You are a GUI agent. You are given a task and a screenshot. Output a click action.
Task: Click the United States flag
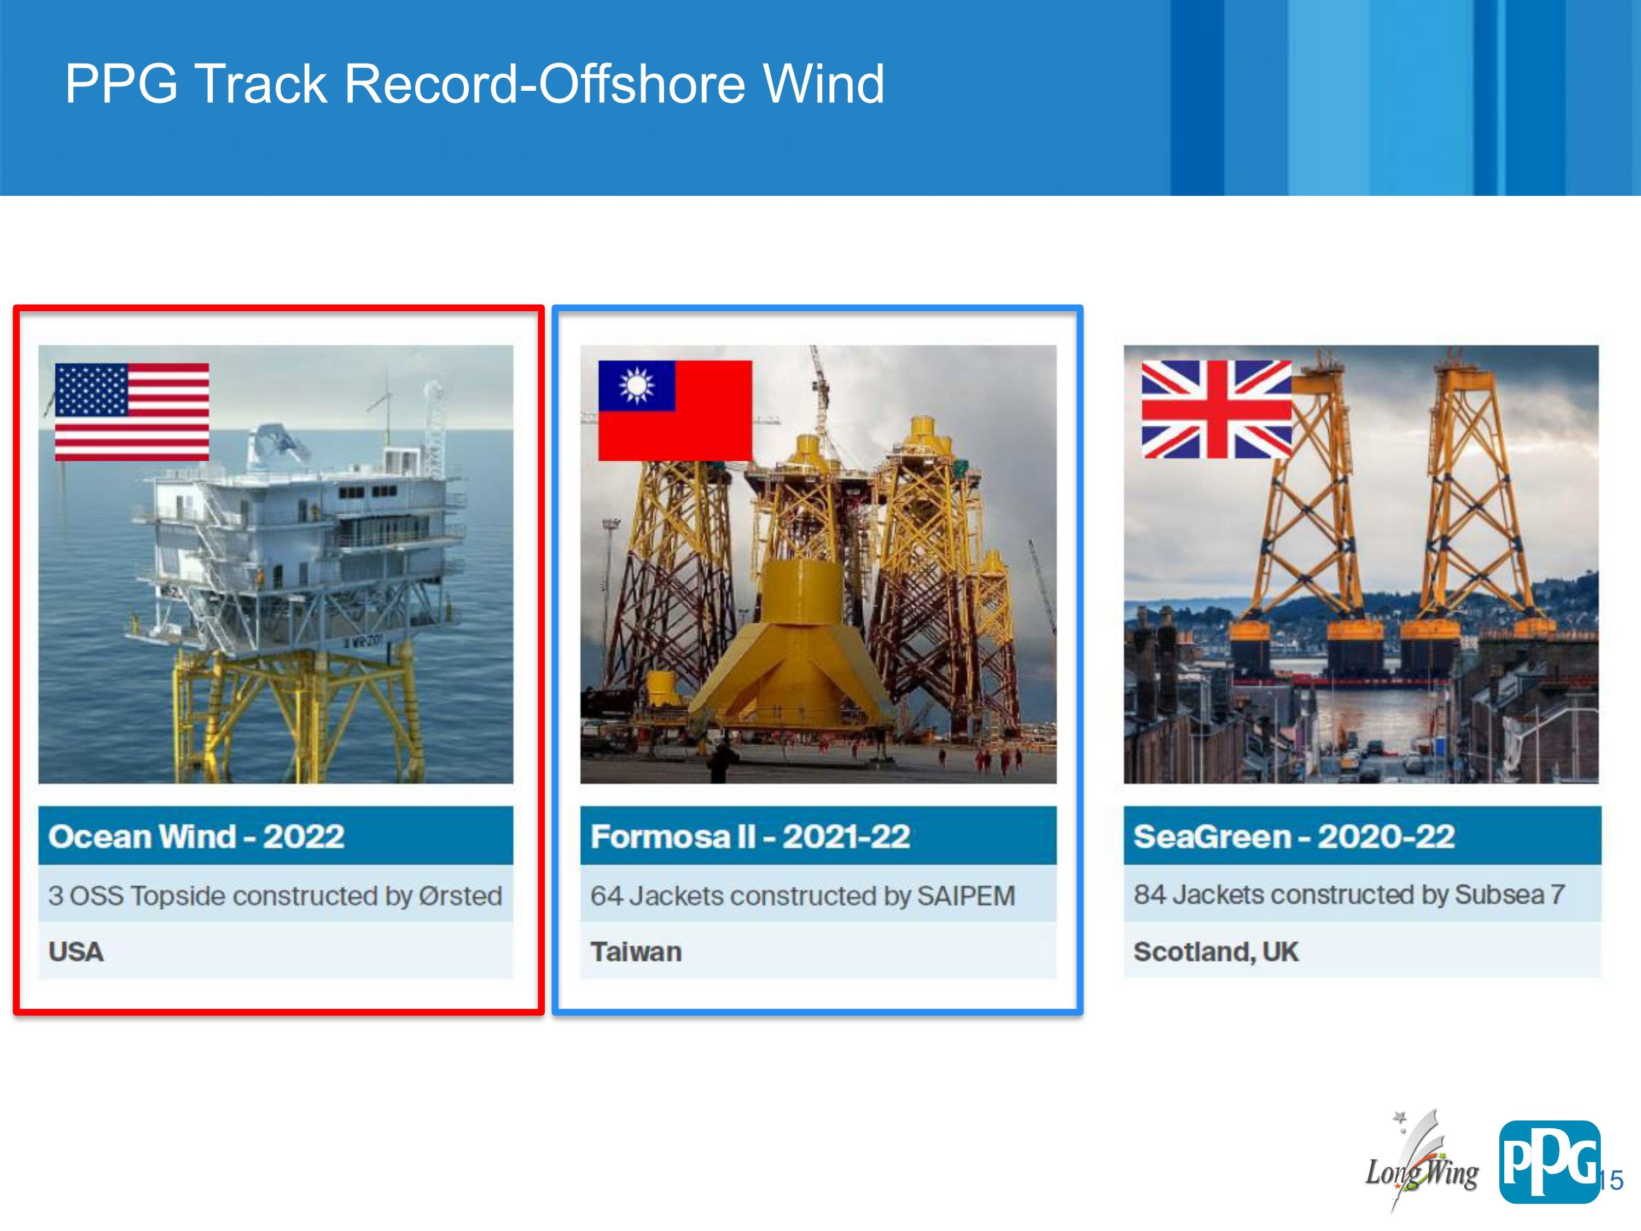tap(132, 412)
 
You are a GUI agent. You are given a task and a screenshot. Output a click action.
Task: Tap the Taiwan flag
tap(675, 410)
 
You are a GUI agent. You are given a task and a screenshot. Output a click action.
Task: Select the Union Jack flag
tap(1217, 409)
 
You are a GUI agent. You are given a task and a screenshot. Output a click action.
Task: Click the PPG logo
tap(1549, 1162)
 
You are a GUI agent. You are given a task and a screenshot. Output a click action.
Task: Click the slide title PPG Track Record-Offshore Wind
tap(475, 83)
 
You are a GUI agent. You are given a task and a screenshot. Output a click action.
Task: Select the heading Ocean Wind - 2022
tap(196, 836)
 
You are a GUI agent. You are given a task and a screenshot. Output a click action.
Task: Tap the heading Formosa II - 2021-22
tap(750, 836)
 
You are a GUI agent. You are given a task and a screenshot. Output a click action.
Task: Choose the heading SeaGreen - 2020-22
tap(1294, 836)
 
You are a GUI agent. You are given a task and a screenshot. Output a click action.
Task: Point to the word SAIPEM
tap(966, 896)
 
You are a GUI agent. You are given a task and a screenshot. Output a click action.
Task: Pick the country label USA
tap(75, 951)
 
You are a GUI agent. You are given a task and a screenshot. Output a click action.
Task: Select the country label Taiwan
tap(636, 951)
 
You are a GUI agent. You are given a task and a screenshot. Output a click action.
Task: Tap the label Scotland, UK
tap(1216, 951)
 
